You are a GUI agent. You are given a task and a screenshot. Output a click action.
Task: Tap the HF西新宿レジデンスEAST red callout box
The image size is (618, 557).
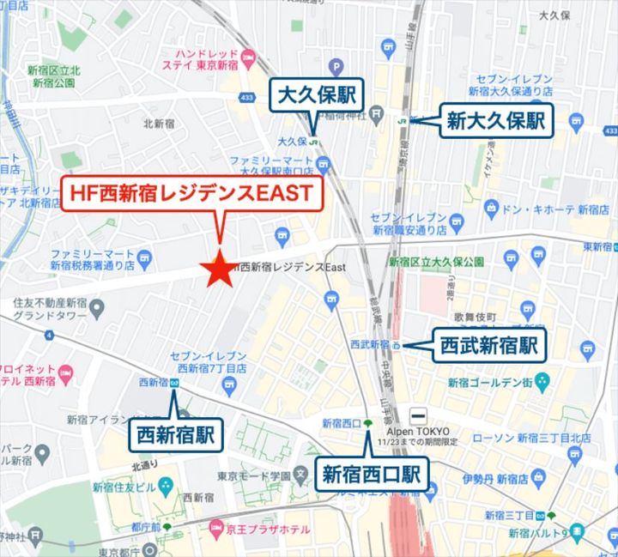click(191, 194)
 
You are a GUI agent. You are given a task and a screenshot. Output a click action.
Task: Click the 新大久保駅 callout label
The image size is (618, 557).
click(496, 121)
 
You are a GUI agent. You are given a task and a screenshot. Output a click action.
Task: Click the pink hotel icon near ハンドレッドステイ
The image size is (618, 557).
click(249, 58)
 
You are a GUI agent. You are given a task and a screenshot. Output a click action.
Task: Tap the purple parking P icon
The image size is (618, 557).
click(336, 65)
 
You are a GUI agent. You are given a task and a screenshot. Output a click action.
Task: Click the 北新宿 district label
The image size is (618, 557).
click(160, 124)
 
